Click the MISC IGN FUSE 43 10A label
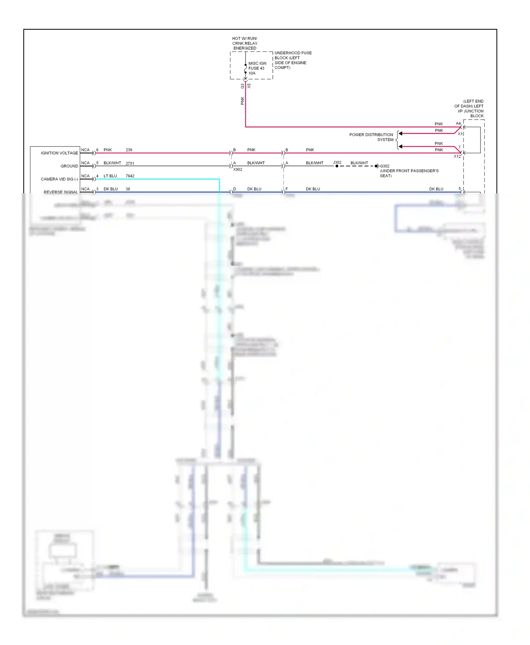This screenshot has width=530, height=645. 257,68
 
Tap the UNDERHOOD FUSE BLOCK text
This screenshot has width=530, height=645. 293,60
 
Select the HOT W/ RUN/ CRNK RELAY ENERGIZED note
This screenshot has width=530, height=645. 245,43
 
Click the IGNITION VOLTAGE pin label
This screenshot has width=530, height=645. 59,153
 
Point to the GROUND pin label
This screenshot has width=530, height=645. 69,166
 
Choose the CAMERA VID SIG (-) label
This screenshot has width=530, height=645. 59,179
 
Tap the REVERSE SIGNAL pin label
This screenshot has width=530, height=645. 61,192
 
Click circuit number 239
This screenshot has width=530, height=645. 129,150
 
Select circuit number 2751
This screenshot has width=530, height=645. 130,163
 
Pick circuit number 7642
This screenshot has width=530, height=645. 130,176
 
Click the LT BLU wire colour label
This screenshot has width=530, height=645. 110,176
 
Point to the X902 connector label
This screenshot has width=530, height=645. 238,170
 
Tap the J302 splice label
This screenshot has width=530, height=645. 337,163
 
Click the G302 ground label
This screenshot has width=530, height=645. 385,166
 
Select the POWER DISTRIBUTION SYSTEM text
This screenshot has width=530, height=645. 371,137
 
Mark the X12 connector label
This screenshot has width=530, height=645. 457,156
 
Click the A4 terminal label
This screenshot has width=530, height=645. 458,123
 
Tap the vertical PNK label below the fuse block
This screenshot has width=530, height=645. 242,101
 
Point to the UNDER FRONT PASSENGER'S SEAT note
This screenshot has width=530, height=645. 409,173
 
